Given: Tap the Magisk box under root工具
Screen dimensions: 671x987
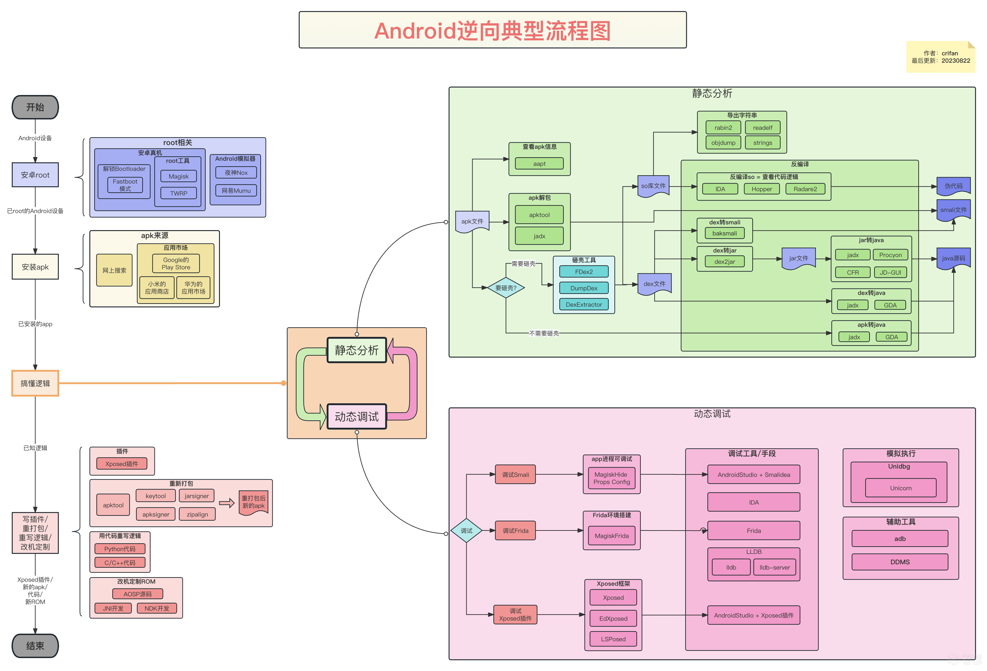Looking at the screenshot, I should click(178, 176).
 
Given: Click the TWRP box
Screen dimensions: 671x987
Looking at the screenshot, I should click(178, 193).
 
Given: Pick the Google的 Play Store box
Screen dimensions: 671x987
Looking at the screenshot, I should click(176, 263).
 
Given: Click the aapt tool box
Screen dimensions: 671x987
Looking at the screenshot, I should click(539, 163).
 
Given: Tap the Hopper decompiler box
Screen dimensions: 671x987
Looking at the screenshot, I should click(762, 189).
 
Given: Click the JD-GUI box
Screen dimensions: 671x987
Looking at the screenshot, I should click(890, 272).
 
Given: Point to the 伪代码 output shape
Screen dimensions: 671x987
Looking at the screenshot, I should click(953, 186).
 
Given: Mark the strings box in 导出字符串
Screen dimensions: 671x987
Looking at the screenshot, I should click(762, 143).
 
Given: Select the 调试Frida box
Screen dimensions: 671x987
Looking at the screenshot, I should click(515, 530).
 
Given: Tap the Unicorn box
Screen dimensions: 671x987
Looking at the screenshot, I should click(900, 488).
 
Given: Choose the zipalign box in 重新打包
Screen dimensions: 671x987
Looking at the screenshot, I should click(197, 514).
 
